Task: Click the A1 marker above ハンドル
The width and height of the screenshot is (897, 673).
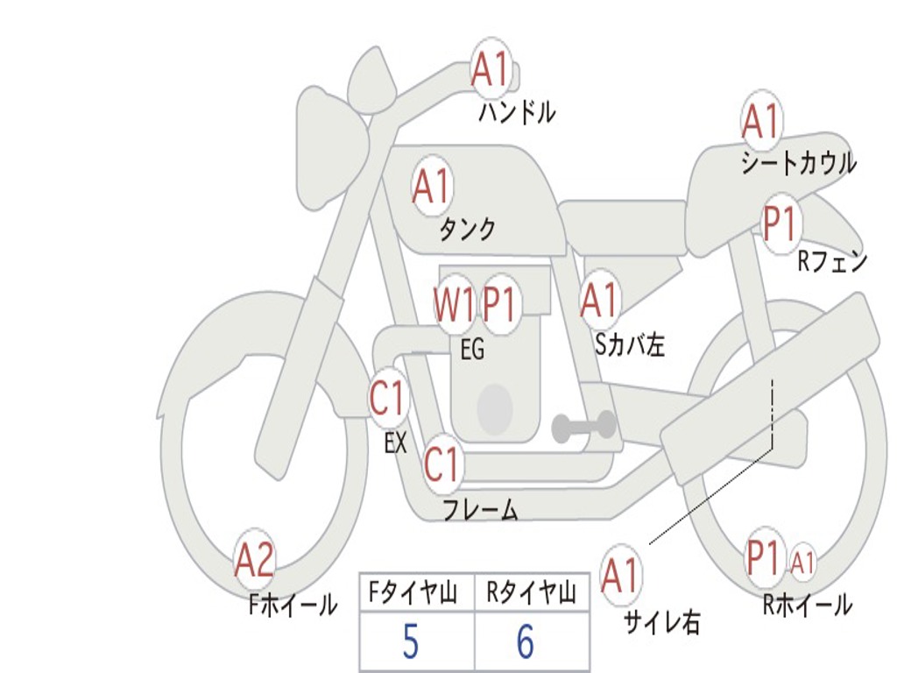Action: tap(490, 69)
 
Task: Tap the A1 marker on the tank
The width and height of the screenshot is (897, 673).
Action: tap(431, 186)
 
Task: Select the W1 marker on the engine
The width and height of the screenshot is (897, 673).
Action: tap(454, 304)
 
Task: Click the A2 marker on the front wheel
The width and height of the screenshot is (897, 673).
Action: tap(254, 561)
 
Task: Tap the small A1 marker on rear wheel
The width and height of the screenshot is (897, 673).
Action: tap(802, 562)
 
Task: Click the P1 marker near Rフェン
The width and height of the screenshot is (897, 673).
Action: tap(779, 223)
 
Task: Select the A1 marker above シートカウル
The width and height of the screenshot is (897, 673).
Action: tap(760, 121)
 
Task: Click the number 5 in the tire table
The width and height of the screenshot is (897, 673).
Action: tap(410, 643)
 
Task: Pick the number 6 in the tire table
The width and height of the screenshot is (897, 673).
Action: tap(526, 643)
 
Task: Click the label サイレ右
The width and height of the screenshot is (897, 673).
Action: tap(662, 622)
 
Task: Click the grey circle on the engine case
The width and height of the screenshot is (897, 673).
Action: tap(494, 409)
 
